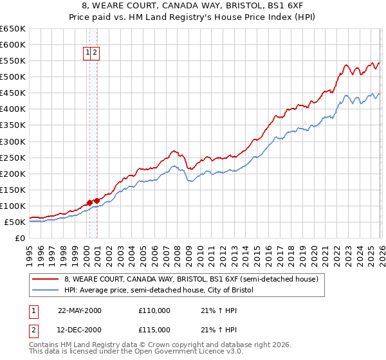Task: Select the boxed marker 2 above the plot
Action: [x=95, y=53]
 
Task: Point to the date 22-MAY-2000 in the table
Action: [x=80, y=310]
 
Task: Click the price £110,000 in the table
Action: [x=154, y=310]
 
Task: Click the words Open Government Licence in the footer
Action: [x=175, y=353]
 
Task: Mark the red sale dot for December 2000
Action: [x=96, y=201]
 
